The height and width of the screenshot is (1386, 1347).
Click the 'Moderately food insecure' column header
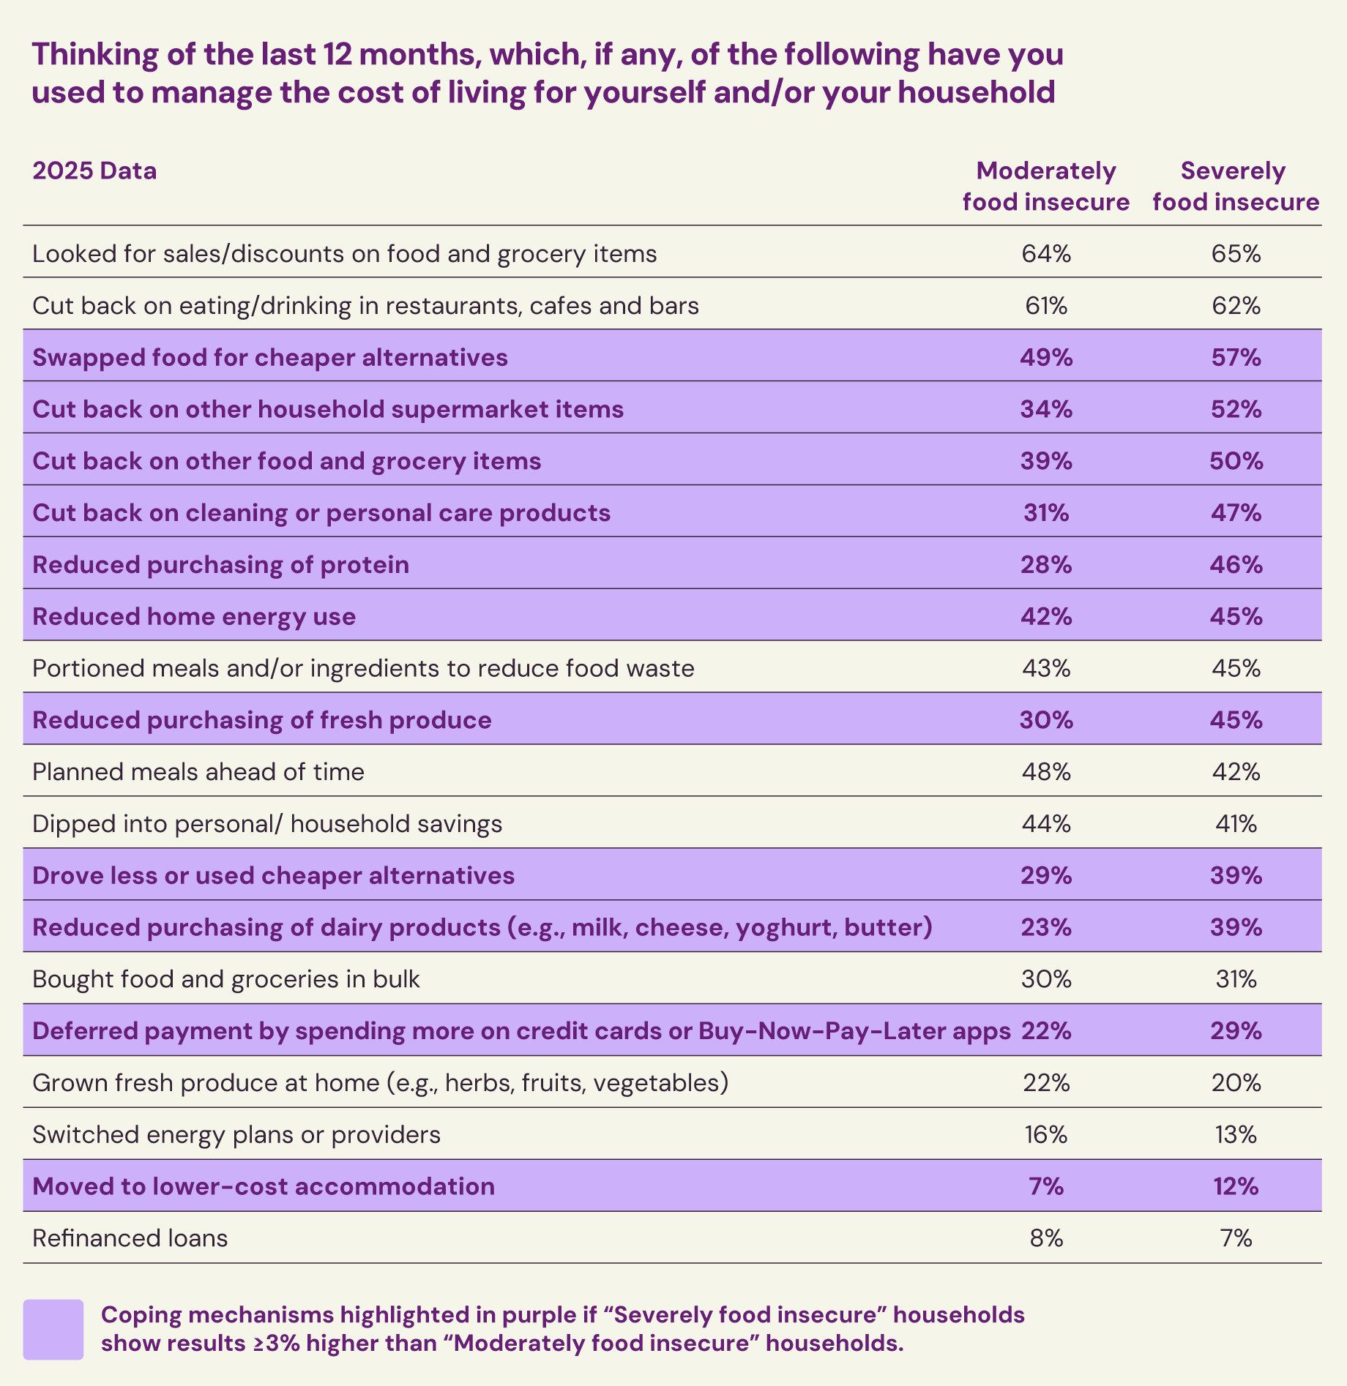click(1045, 186)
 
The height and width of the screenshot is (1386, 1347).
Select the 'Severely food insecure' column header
click(1235, 186)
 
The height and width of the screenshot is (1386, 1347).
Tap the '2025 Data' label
click(94, 171)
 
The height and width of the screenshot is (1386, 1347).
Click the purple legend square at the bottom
click(53, 1329)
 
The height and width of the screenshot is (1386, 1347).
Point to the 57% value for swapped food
click(1236, 357)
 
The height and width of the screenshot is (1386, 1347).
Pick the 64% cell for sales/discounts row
click(1046, 253)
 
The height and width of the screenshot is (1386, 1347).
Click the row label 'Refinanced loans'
click(130, 1237)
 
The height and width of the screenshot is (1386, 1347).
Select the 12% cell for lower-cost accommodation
click(1236, 1185)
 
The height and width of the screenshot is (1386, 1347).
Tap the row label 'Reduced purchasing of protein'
click(220, 564)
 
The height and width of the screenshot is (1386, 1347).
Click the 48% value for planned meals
click(1046, 771)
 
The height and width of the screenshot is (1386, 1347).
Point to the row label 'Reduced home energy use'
click(194, 616)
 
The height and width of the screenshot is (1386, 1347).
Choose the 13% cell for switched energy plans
click(1236, 1134)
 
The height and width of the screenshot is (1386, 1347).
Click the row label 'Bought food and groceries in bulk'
click(226, 978)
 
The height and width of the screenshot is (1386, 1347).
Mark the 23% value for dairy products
click(1046, 927)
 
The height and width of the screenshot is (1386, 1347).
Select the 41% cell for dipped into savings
click(1236, 823)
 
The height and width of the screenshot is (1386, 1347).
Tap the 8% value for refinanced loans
click(1046, 1237)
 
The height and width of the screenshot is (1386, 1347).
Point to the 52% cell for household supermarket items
click(1236, 408)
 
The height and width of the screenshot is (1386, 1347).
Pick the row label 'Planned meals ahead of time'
click(198, 771)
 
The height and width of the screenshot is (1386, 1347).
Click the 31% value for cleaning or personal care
click(1046, 512)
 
